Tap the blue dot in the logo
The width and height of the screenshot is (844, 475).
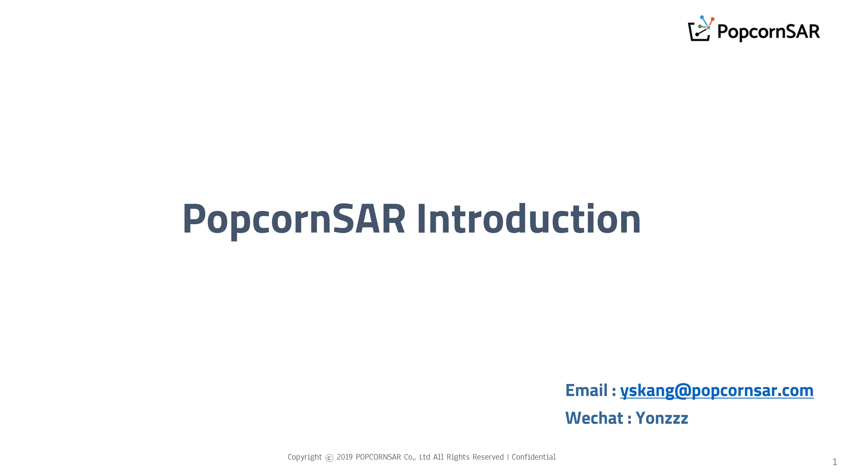[x=702, y=17]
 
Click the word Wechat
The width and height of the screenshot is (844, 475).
[x=594, y=418]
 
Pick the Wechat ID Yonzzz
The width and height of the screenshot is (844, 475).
[x=662, y=418]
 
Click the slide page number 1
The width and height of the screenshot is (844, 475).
[x=835, y=462]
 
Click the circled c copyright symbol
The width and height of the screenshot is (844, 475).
[x=329, y=458]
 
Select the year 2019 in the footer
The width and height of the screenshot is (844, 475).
[x=345, y=457]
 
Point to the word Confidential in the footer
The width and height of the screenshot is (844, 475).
[x=534, y=457]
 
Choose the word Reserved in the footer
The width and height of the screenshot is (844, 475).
[x=488, y=457]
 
